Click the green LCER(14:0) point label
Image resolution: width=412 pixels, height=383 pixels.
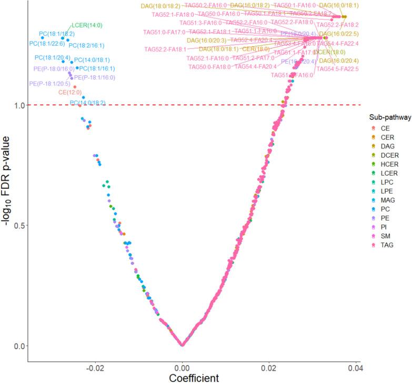tap(86, 25)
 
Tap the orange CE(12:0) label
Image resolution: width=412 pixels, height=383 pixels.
tap(71, 92)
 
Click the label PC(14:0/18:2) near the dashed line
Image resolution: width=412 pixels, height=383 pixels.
tap(88, 103)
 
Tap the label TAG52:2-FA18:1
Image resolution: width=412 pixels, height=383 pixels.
tap(165, 49)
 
